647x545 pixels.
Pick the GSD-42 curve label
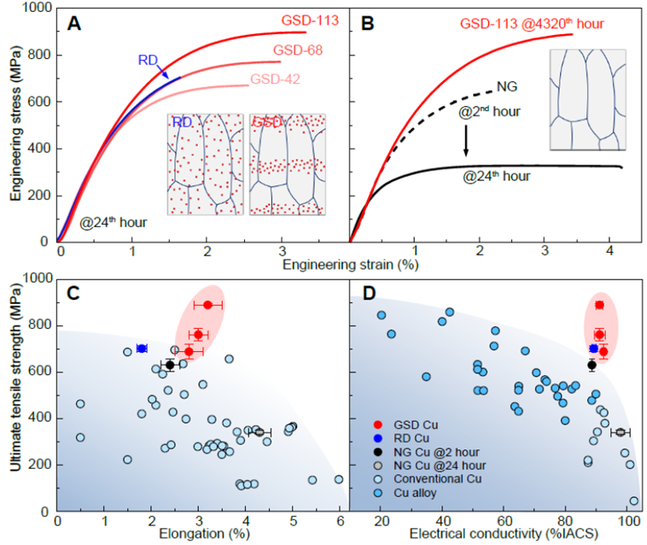(276, 79)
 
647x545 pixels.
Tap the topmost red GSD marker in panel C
(207, 305)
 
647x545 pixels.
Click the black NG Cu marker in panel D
(592, 365)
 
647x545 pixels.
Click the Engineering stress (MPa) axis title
(16, 125)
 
